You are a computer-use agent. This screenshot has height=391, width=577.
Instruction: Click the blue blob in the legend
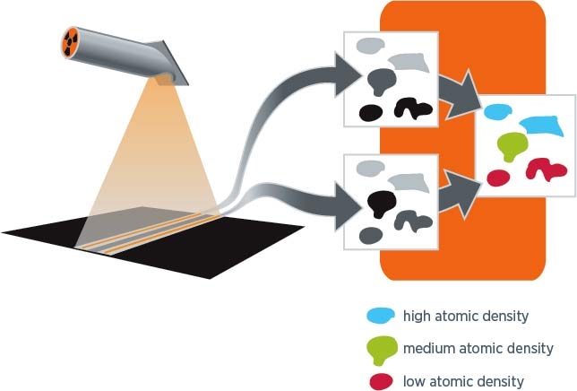point(381,316)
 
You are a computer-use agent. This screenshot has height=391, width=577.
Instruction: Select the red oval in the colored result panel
point(499,178)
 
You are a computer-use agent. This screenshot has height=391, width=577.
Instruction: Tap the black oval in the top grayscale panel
point(371,112)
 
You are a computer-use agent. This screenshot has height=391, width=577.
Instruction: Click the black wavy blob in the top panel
point(413,109)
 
